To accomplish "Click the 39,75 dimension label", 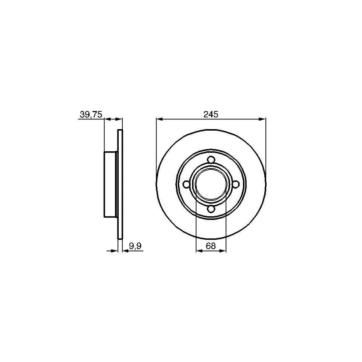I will pyautogui.click(x=90, y=115).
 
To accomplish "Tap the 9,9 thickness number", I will pyautogui.click(x=134, y=246).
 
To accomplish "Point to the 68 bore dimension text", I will pyautogui.click(x=211, y=246).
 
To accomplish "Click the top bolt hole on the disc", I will pyautogui.click(x=211, y=160).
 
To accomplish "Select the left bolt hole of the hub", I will pyautogui.click(x=186, y=184).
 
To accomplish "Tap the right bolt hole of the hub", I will pyautogui.click(x=235, y=184).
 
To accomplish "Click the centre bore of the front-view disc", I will pyautogui.click(x=211, y=184).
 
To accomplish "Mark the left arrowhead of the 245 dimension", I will pyautogui.click(x=159, y=119).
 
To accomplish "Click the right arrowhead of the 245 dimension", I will pyautogui.click(x=263, y=119).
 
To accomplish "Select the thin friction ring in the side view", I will pyautogui.click(x=119, y=184).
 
